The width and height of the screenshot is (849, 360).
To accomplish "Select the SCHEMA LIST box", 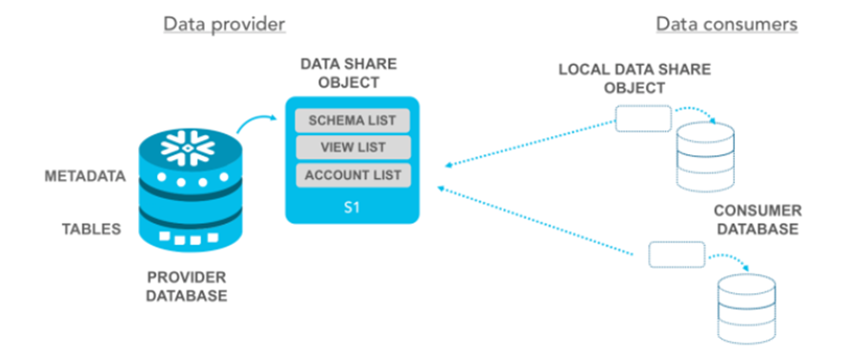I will [x=353, y=121].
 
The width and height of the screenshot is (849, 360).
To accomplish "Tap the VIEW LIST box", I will [x=353, y=148].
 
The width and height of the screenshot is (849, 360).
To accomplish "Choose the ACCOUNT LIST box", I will [x=353, y=175].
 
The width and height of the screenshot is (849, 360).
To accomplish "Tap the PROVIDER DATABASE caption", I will [x=186, y=286].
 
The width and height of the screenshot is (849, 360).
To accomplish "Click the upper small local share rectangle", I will [x=642, y=119].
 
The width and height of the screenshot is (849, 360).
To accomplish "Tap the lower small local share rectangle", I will [x=676, y=254].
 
